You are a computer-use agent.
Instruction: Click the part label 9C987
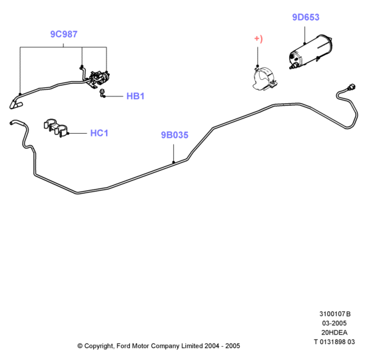(x=64, y=34)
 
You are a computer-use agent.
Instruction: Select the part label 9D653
(x=306, y=17)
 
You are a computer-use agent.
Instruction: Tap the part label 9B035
(x=175, y=135)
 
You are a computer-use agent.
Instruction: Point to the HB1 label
(x=135, y=96)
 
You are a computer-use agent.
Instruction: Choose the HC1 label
(x=99, y=133)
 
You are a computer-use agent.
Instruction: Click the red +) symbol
(x=258, y=39)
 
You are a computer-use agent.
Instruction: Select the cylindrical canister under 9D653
(x=311, y=52)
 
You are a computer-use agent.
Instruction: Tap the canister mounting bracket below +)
(x=265, y=79)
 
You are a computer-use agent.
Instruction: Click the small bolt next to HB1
(x=102, y=92)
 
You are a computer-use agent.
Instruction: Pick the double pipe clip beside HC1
(x=56, y=128)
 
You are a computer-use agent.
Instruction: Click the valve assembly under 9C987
(x=99, y=79)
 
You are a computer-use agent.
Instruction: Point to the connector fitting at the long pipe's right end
(x=352, y=87)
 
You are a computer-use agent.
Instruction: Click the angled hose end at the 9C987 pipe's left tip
(x=15, y=104)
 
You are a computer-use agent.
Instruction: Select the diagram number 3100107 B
(x=335, y=313)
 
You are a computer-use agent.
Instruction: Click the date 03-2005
(x=334, y=323)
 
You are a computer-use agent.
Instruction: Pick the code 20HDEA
(x=334, y=333)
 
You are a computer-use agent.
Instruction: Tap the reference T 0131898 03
(x=334, y=342)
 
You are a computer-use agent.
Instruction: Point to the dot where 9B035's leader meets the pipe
(x=174, y=162)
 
